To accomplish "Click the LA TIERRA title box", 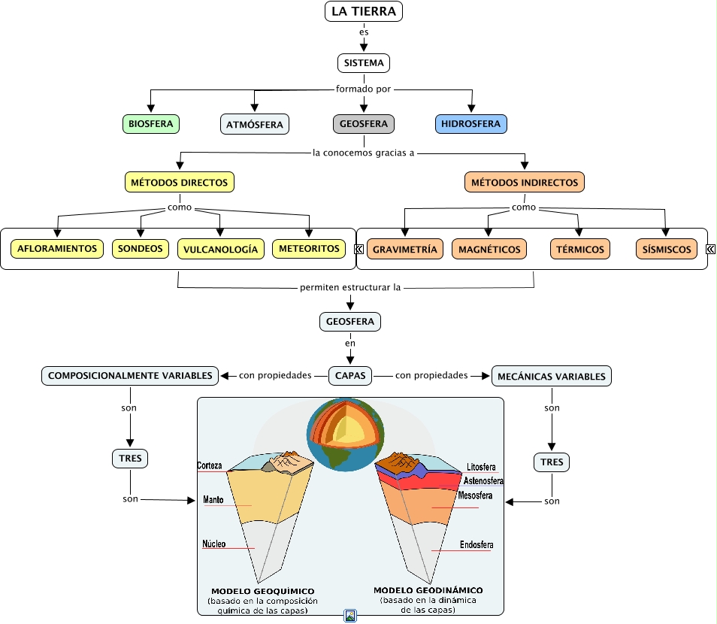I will tap(364, 11).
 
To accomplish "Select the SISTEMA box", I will tap(364, 63).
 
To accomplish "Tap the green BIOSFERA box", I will tap(151, 124).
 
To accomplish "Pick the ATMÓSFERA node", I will tap(255, 124).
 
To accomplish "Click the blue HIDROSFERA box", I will tap(471, 124).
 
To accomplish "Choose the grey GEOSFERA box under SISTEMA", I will tap(364, 124).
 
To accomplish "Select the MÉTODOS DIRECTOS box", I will tap(180, 182).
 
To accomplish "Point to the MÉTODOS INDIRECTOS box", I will tap(525, 182).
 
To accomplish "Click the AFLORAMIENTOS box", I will tap(57, 248).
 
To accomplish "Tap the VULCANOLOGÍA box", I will tap(220, 249).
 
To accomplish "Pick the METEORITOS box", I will tap(308, 248).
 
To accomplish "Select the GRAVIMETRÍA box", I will tap(405, 249).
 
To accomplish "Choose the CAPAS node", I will tap(350, 374).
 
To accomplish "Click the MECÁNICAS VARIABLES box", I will tap(552, 376).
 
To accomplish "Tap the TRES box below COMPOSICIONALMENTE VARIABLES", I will tap(130, 457).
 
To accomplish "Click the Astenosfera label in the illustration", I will tap(483, 481).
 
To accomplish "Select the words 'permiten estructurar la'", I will tap(350, 287).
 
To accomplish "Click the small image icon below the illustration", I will tap(350, 616).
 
